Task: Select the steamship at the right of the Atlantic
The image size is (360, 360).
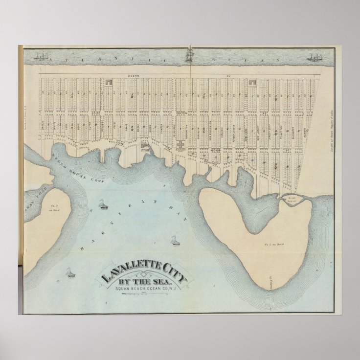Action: (x=314, y=57)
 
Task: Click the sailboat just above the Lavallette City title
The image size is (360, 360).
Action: (x=175, y=241)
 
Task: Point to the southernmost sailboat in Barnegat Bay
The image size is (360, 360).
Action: (x=71, y=272)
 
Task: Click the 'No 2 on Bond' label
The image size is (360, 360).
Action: (x=269, y=243)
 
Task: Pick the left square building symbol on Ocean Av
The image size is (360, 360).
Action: (x=109, y=82)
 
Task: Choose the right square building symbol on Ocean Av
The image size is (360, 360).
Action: (x=252, y=82)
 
